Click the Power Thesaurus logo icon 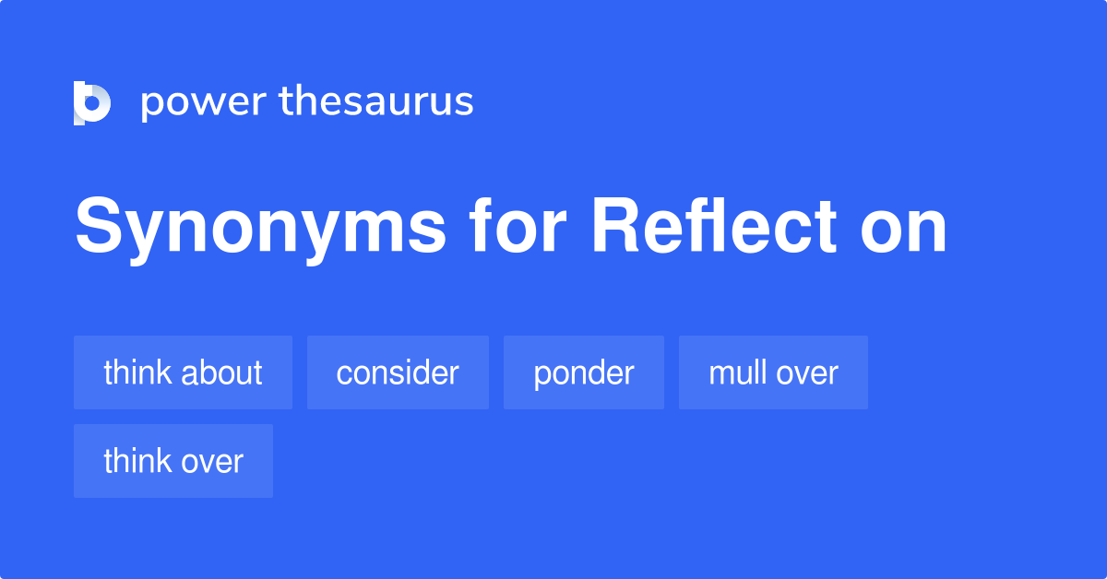(x=92, y=102)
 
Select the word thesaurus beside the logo (x=376, y=102)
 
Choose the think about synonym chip (x=183, y=372)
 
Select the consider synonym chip (x=398, y=372)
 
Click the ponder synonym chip (x=584, y=372)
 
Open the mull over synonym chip (x=773, y=372)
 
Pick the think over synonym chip (x=173, y=461)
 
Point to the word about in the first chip (x=221, y=372)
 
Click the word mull (x=733, y=372)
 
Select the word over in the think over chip (x=212, y=461)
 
